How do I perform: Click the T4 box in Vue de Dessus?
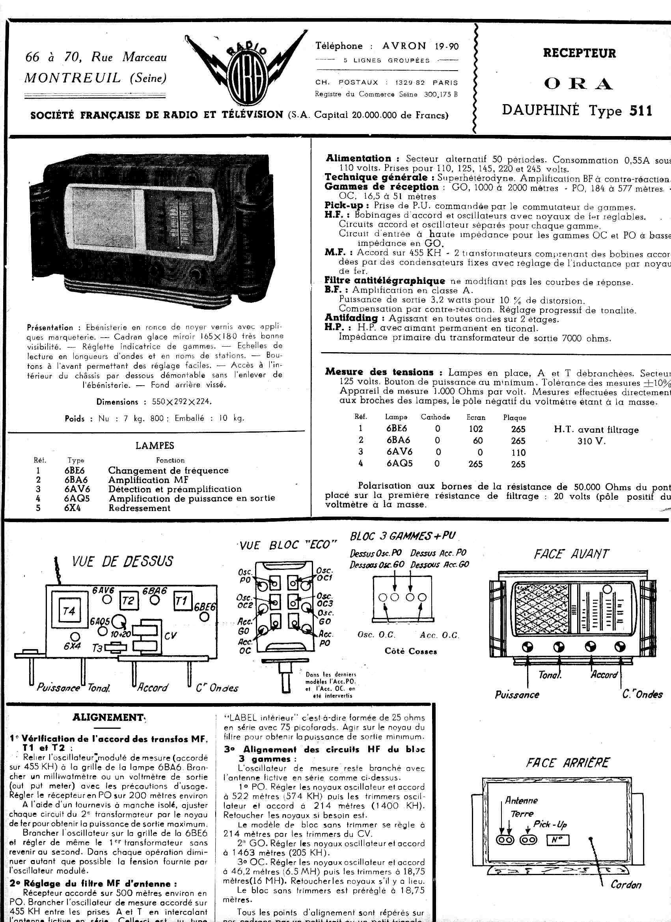69,611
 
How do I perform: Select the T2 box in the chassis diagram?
128,601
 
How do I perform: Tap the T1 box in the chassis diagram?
182,601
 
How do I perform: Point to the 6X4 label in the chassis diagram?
72,646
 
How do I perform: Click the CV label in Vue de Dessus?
170,635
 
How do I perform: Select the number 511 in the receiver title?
641,110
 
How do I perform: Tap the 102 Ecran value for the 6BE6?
475,429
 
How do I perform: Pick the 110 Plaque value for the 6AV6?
518,452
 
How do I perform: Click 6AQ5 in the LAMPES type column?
77,498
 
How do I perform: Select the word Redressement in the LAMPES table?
140,508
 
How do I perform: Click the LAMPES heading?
155,446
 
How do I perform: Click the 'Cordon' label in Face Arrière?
626,885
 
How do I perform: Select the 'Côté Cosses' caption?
410,651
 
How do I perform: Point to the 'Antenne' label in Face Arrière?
521,801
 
